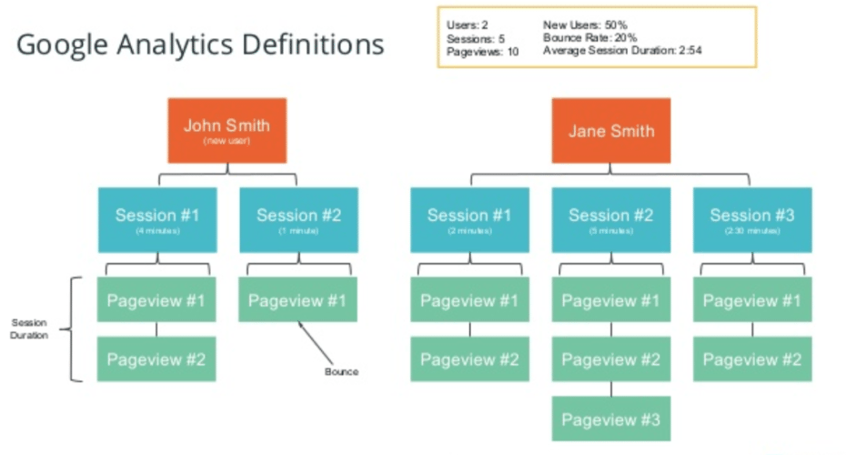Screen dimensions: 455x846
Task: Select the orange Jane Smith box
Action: point(610,130)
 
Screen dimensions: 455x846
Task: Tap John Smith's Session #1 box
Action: point(156,219)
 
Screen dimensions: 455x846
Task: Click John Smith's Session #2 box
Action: point(298,219)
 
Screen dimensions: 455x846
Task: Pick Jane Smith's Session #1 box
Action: point(469,219)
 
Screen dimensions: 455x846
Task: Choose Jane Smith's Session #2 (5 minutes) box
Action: point(610,219)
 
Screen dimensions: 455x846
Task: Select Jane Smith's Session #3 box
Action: point(751,219)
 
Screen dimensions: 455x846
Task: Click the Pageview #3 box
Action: point(610,419)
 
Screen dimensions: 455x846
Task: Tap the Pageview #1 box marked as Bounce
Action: point(298,300)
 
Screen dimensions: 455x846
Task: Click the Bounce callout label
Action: point(341,371)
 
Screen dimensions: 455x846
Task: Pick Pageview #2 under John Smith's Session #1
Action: point(156,359)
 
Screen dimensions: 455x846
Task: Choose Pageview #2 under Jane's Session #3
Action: point(751,359)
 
